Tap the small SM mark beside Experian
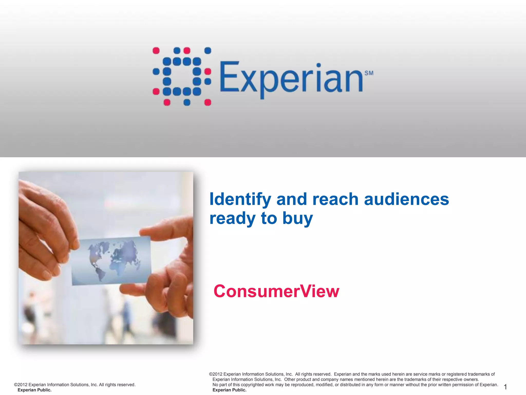pyautogui.click(x=369, y=73)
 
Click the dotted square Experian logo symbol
pyautogui.click(x=182, y=76)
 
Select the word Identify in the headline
pyautogui.click(x=240, y=200)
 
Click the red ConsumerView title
pyautogui.click(x=276, y=291)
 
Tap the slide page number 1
pyautogui.click(x=505, y=387)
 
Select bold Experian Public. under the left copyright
pyautogui.click(x=34, y=390)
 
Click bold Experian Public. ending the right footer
pyautogui.click(x=229, y=390)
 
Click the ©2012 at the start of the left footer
pyautogui.click(x=21, y=385)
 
